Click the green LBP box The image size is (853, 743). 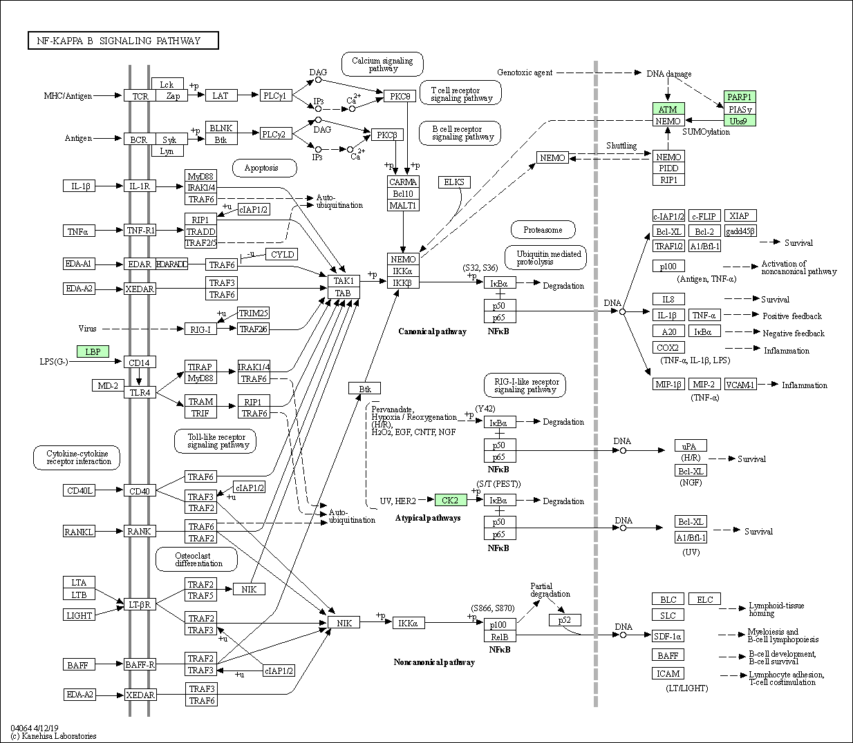pos(93,351)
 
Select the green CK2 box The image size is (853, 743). pos(451,500)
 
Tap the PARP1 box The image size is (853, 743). pos(740,97)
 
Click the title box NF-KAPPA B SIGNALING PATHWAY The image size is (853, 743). pos(124,41)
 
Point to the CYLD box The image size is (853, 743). pos(282,254)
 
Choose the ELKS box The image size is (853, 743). pos(454,182)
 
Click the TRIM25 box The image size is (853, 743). pos(254,313)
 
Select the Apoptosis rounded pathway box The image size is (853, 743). pos(264,168)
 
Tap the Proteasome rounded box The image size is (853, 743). pos(543,229)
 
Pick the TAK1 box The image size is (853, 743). pos(344,281)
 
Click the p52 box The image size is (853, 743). pos(565,619)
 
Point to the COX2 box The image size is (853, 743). pos(668,347)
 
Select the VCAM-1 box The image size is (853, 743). pos(740,385)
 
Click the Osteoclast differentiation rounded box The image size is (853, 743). pos(196,559)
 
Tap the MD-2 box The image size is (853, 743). pos(108,386)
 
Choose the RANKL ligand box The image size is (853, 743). pos(79,532)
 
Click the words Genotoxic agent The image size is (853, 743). pos(525,73)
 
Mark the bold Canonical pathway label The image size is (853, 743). pos(432,331)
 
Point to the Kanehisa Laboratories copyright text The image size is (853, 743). pos(54,736)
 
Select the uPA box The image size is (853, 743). pos(691,445)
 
